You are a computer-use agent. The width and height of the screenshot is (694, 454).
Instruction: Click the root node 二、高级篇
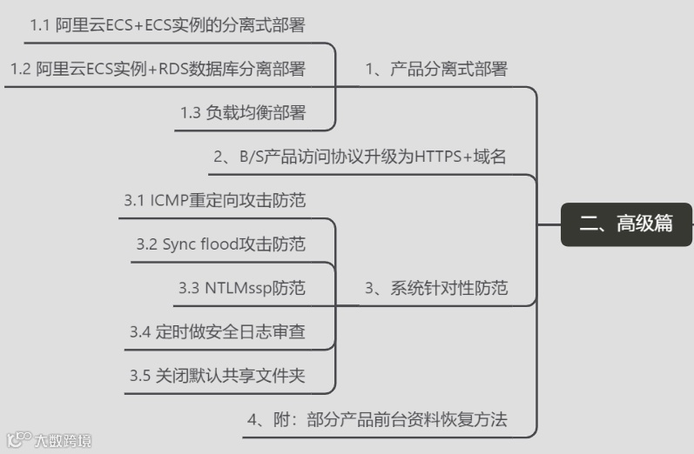pos(626,224)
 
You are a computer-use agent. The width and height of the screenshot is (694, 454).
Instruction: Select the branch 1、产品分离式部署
pos(435,69)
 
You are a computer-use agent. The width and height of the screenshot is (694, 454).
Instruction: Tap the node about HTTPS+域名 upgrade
pos(360,157)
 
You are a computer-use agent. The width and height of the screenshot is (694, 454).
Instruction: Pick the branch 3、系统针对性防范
pos(435,288)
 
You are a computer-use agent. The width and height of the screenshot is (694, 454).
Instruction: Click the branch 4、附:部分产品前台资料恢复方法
pos(377,420)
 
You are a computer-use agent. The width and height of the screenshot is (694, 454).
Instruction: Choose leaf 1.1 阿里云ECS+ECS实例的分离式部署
pos(167,24)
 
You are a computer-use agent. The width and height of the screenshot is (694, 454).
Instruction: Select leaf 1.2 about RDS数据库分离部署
pos(158,69)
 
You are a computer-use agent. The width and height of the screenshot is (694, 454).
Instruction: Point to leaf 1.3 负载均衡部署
pos(243,113)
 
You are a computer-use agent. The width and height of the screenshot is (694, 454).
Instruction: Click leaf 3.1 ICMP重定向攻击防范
pos(215,201)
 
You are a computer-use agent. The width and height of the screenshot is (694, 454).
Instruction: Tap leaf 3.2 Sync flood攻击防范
pos(221,244)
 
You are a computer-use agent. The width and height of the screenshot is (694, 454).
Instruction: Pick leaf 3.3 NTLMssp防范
pos(242,288)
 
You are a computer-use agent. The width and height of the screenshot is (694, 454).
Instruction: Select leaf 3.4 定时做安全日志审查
pos(218,332)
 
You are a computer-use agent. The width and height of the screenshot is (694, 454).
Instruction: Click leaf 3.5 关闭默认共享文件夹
pos(218,377)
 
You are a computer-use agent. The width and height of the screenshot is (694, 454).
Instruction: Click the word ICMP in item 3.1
pos(169,201)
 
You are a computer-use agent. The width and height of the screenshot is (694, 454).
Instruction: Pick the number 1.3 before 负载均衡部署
pos(191,113)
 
